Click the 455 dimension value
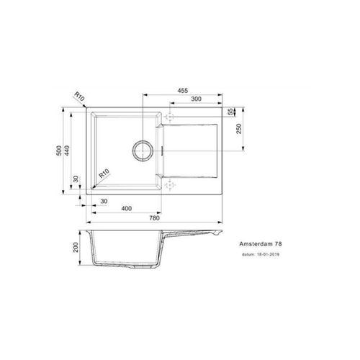tap(183, 91)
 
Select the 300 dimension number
tap(196, 99)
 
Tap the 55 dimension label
tap(230, 112)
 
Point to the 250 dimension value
tap(239, 129)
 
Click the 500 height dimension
tap(59, 150)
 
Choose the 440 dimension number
tap(67, 150)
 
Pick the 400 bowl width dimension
tap(126, 208)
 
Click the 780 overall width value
tap(154, 218)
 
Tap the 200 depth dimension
tap(76, 247)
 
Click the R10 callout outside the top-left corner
tap(79, 96)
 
